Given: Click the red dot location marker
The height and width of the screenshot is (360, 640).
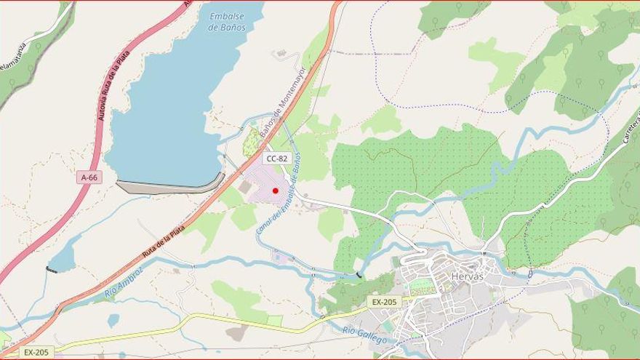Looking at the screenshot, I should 275,191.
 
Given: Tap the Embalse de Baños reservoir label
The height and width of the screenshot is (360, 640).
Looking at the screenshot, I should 227,21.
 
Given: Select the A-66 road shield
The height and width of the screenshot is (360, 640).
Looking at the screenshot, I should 88,177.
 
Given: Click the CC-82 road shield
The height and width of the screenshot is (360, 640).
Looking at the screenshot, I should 277,158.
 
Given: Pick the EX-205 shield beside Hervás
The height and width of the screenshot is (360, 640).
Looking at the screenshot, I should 384,302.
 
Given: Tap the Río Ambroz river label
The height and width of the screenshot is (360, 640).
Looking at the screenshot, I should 123,282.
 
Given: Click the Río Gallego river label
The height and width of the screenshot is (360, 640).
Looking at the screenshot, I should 365,335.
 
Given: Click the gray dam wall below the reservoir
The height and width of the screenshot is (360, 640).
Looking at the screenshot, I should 170,187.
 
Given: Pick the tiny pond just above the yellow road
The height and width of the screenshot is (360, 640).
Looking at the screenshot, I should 113,319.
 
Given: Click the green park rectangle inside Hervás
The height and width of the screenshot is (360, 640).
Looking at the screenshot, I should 421,287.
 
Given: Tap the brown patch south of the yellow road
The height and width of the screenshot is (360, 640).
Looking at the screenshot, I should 237,333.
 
